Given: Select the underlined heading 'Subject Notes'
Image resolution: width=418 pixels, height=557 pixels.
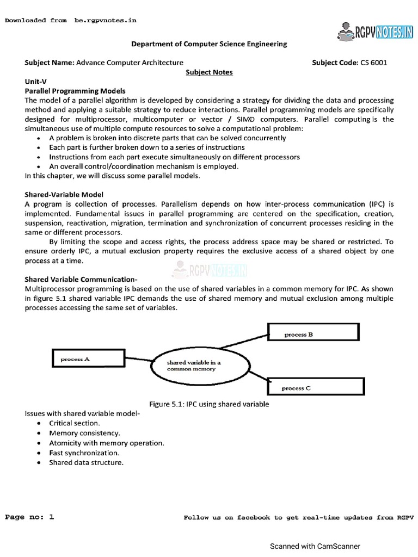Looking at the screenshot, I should pos(209,72).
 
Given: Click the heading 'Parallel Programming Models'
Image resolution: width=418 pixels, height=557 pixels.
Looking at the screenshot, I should pos(75,91).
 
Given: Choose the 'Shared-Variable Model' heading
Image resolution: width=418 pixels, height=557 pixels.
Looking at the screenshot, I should pos(64,194).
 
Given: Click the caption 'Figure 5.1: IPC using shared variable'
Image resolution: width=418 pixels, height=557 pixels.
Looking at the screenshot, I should pos(209,404).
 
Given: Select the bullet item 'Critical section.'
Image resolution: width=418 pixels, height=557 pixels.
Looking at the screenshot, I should pos(75,423).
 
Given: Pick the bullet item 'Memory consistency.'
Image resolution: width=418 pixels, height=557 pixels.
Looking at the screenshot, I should pos(84,433).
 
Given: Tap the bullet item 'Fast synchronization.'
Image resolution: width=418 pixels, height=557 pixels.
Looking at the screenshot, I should pos(84,453).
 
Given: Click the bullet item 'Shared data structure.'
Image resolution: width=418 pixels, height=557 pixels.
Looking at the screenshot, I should pos(86,463).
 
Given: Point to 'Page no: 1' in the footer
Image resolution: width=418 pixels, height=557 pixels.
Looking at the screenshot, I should pos(30,517).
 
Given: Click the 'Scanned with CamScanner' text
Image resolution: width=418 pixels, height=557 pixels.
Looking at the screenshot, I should pos(315,546).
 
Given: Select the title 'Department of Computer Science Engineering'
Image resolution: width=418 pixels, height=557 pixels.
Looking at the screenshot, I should pos(209,44).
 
